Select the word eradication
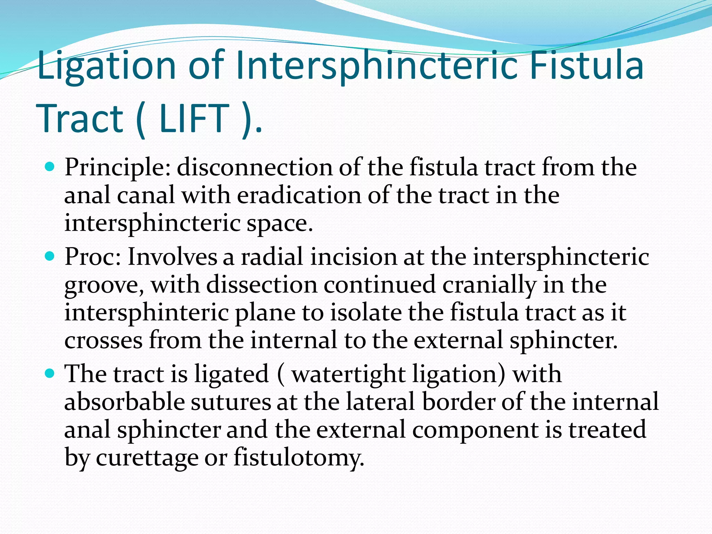click(x=299, y=195)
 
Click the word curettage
click(x=146, y=458)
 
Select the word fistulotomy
click(x=299, y=458)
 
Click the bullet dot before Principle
click(x=50, y=167)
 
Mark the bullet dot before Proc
click(x=50, y=257)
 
